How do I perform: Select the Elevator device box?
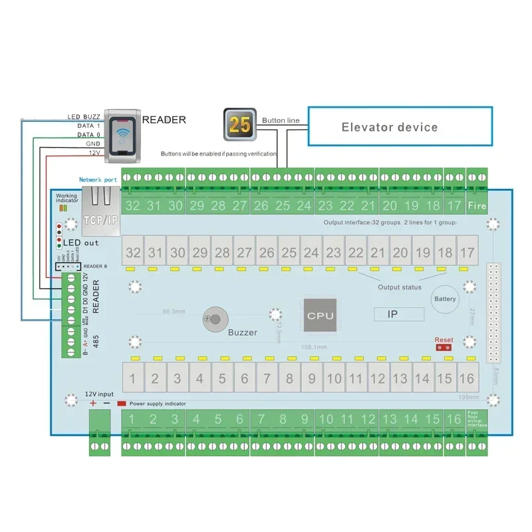coord(399,126)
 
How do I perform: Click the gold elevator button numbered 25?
coord(239,125)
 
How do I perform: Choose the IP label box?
coord(398,314)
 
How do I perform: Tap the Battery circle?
coord(445,299)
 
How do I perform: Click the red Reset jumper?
coord(444,347)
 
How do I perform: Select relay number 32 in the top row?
coord(134,253)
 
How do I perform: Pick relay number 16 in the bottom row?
coord(467,379)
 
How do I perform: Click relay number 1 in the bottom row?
coord(133,379)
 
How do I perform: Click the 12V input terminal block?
coord(99,432)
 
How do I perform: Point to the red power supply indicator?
coord(121,404)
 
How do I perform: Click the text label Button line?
coord(281,120)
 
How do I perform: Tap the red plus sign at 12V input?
coord(93,404)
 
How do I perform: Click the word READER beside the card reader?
coord(164,120)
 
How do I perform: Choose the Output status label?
coord(399,287)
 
